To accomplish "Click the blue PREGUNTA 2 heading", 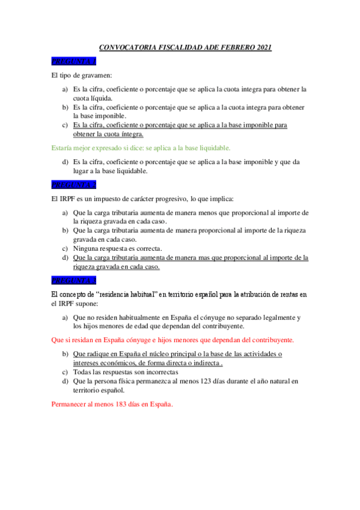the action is click(x=74, y=185).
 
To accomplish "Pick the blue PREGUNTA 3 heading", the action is click(x=74, y=280).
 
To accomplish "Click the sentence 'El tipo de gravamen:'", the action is click(x=78, y=75).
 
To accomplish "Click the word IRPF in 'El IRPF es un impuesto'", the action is click(x=67, y=198).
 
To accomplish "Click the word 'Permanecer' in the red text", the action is click(x=69, y=404).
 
